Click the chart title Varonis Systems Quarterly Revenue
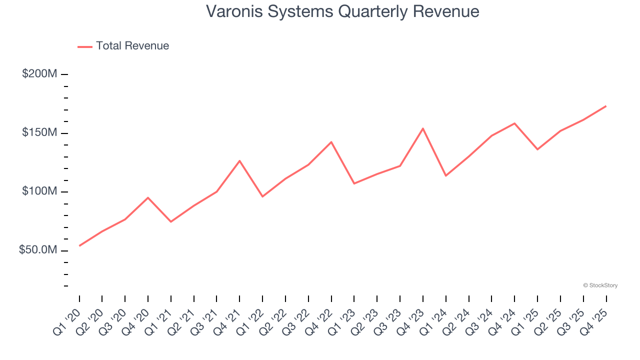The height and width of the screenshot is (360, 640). (342, 11)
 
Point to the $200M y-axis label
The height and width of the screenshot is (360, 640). (39, 74)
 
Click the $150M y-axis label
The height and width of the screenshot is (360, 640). (39, 133)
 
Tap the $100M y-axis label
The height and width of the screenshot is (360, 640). (39, 191)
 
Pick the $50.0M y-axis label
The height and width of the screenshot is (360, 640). (37, 250)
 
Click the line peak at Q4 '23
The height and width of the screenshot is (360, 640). (423, 128)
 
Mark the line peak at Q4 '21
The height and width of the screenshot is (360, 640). (239, 160)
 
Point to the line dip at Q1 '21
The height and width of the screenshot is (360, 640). (171, 221)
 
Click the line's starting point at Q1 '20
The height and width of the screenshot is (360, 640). (79, 246)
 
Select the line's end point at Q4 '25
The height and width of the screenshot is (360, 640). (606, 106)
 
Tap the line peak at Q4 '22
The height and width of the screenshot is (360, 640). (331, 142)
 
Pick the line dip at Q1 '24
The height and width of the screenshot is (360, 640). (445, 175)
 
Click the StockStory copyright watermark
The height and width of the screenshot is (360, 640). (600, 285)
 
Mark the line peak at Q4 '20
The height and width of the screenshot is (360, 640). (148, 197)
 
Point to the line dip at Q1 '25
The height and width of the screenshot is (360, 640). (537, 149)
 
